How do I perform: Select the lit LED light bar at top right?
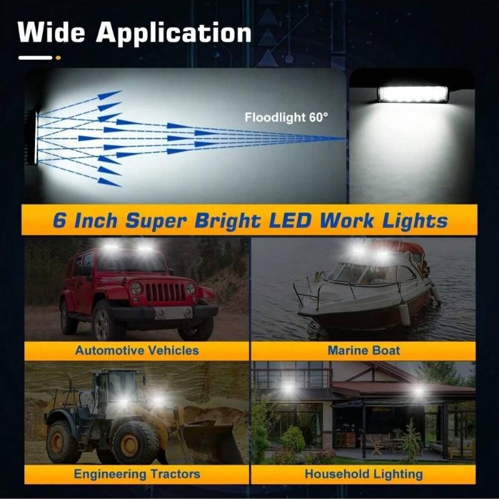(x=412, y=94)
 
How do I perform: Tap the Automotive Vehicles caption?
(x=137, y=350)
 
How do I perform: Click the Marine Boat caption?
(x=363, y=350)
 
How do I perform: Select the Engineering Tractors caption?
(x=137, y=474)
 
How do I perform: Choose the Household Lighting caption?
(x=363, y=474)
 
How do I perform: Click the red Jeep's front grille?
(x=165, y=291)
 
